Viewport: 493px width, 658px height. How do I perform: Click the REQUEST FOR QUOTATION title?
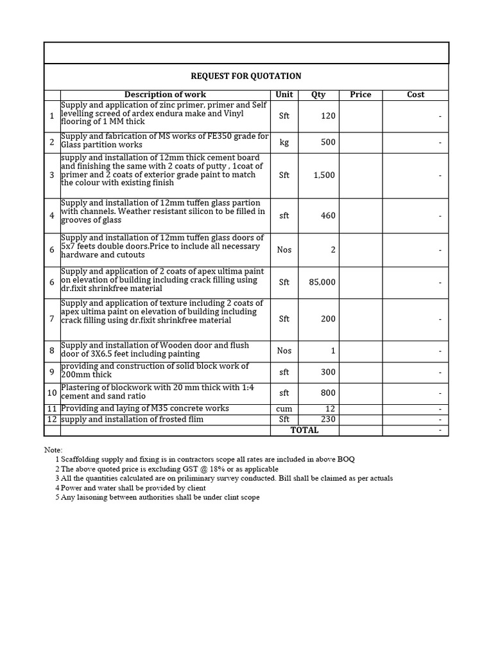pos(246,76)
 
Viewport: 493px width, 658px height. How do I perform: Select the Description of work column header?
pos(165,94)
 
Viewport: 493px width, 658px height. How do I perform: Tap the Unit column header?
pos(284,94)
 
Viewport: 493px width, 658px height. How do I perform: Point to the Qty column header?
pos(318,94)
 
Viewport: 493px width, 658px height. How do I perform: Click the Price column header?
pos(360,94)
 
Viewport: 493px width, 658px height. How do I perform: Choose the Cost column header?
pos(415,94)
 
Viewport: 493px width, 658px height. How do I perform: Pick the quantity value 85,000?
pos(322,282)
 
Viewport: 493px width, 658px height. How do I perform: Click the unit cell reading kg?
pos(284,142)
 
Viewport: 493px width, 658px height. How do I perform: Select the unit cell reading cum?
pos(284,409)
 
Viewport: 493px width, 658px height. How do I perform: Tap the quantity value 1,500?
pos(324,175)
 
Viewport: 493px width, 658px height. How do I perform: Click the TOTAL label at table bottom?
pos(304,430)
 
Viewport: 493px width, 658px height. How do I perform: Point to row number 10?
pos(51,393)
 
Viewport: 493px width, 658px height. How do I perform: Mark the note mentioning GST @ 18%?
pos(167,469)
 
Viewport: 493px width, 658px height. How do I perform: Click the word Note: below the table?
pos(53,450)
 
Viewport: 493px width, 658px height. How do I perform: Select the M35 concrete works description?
pos(145,409)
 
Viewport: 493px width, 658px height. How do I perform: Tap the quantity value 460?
pos(328,216)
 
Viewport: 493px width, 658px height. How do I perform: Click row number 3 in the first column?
pos(51,175)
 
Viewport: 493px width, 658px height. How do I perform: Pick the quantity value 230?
pos(328,420)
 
